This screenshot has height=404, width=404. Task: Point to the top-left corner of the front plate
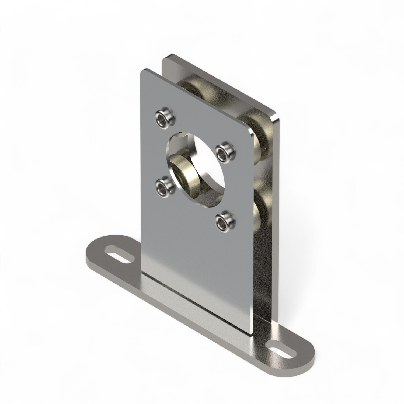tap(143, 71)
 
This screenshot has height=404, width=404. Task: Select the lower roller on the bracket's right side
tap(260, 199)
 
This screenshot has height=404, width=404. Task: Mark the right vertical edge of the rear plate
tap(277, 215)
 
